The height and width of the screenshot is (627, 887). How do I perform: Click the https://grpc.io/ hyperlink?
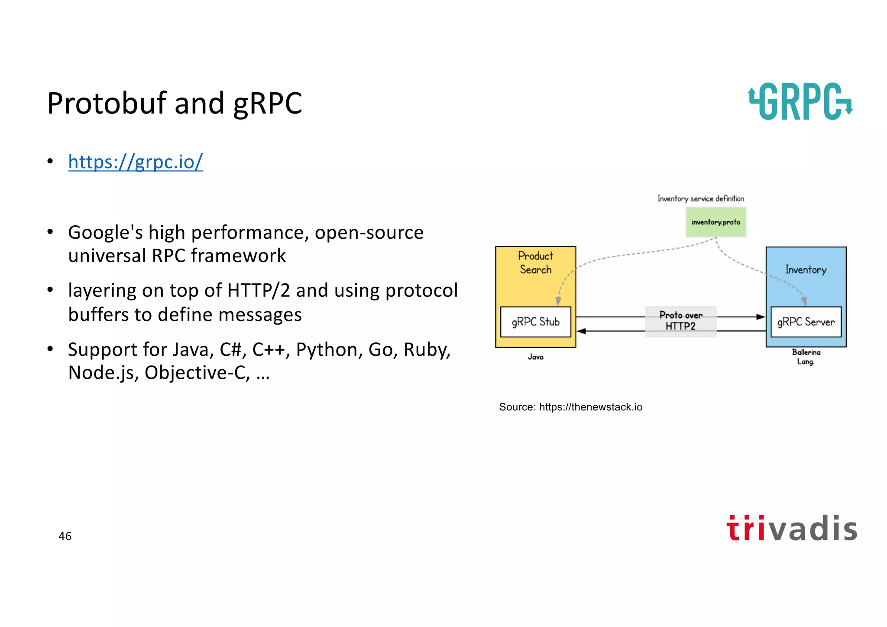[x=135, y=162]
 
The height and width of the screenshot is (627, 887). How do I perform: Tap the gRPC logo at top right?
[x=800, y=101]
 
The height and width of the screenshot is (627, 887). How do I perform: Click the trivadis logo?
[x=792, y=528]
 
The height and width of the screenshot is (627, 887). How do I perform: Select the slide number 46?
[x=65, y=536]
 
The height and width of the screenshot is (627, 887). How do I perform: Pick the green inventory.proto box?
[x=715, y=222]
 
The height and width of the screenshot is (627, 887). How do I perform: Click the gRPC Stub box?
[x=535, y=322]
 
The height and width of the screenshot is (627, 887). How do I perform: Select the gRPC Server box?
[x=806, y=322]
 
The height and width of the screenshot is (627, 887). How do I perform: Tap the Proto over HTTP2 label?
[x=680, y=321]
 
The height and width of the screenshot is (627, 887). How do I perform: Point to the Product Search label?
[x=535, y=263]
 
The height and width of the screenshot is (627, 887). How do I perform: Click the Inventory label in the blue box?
[x=806, y=270]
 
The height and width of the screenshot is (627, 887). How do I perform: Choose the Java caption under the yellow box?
[x=535, y=357]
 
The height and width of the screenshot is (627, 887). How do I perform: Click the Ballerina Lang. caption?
[x=806, y=357]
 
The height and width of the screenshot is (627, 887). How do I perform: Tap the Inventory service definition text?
[x=700, y=198]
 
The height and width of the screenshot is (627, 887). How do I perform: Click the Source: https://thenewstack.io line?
[x=570, y=407]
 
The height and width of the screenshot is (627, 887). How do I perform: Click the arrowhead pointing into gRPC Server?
[x=761, y=317]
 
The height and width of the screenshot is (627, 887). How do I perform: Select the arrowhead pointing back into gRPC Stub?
[x=582, y=331]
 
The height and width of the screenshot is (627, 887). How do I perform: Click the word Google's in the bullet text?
[x=105, y=233]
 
